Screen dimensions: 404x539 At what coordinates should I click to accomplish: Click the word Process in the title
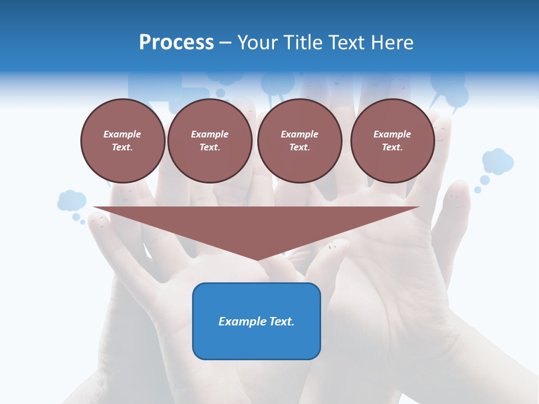176,43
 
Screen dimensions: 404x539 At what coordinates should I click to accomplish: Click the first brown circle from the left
123,141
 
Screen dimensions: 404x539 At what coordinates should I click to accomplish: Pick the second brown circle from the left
210,141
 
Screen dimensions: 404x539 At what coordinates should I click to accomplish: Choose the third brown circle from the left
300,141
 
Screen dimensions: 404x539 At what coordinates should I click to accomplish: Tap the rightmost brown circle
392,141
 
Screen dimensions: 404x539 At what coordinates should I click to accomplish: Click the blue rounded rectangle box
257,321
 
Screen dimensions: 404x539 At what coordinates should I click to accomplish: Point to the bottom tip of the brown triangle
257,259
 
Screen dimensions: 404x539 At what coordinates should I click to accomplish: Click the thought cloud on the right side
497,161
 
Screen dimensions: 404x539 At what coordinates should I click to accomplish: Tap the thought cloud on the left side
71,200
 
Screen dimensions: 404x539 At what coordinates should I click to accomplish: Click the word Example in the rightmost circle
392,134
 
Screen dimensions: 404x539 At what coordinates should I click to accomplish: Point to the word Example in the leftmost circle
122,134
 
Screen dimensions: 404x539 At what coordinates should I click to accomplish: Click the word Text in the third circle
299,147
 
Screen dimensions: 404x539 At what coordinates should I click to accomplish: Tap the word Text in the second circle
209,147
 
